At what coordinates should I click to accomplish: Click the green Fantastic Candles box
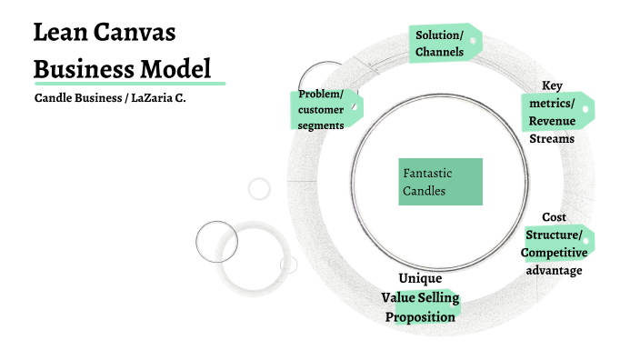click(x=440, y=182)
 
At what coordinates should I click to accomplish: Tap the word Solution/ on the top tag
click(x=439, y=35)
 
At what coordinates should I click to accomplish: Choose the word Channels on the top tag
click(x=440, y=52)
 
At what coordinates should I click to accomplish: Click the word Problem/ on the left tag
click(x=321, y=95)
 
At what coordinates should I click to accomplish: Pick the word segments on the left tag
click(x=321, y=125)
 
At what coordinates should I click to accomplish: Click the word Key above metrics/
click(x=552, y=85)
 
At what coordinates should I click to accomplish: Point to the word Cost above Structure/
click(x=554, y=217)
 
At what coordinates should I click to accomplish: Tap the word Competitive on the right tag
click(x=555, y=253)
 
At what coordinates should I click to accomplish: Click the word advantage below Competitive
click(x=554, y=270)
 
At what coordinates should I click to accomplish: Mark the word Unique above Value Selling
click(x=420, y=278)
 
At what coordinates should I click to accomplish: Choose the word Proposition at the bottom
click(x=420, y=316)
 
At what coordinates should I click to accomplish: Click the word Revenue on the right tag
click(x=552, y=122)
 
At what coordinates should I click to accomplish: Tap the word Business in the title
click(x=76, y=68)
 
